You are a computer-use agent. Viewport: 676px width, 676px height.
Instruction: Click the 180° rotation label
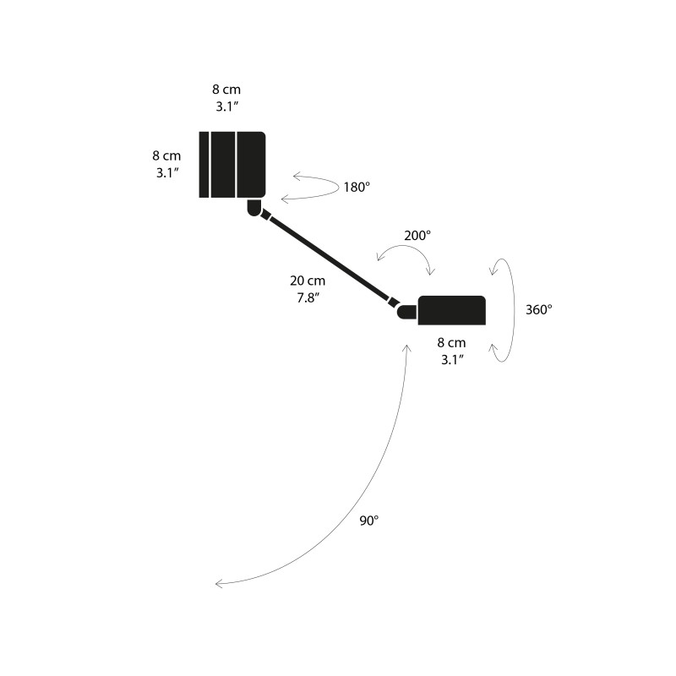tap(356, 188)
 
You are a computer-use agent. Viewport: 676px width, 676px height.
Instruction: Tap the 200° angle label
tap(417, 236)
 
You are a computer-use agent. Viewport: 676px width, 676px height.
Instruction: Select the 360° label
tap(537, 309)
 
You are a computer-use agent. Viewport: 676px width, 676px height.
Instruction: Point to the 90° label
tap(369, 521)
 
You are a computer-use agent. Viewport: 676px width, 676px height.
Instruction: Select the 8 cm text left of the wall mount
tap(166, 156)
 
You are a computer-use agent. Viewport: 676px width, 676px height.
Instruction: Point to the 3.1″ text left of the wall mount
tap(166, 172)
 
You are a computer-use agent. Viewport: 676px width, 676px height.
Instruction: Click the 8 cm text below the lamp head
tap(451, 342)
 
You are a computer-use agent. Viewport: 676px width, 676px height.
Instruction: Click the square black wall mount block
tap(232, 165)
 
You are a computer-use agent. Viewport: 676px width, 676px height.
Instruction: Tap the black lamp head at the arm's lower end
tap(452, 310)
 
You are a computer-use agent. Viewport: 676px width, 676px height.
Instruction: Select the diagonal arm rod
tap(330, 260)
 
